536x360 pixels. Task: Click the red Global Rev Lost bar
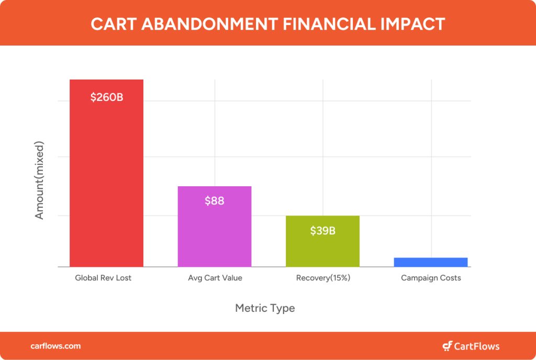(106, 173)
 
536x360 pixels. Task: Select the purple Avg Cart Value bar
(214, 227)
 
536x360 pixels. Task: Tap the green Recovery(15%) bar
(322, 241)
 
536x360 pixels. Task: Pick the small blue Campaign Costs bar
(431, 262)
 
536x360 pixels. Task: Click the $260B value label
(107, 97)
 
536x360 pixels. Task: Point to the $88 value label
(214, 201)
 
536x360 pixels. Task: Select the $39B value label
(322, 231)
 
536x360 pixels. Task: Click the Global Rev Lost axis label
(103, 278)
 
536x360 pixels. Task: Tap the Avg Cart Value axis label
(215, 278)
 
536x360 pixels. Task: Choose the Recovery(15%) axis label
(323, 278)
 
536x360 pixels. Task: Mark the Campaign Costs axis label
(431, 278)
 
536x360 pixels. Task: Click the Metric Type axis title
(265, 308)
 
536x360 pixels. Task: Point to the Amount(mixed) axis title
(39, 180)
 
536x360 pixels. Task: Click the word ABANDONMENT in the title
(209, 24)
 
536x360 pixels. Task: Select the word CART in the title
(114, 24)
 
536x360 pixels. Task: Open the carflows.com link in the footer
(55, 346)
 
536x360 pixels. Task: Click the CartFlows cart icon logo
(447, 346)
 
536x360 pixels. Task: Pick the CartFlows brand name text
(476, 346)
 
